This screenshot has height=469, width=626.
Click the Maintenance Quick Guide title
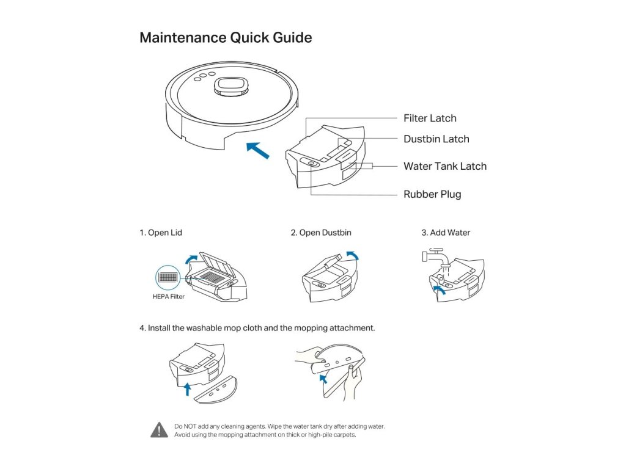pos(226,38)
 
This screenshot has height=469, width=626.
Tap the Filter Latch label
pos(430,118)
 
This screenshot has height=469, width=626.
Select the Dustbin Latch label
pos(436,139)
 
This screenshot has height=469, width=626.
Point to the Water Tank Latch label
pos(445,166)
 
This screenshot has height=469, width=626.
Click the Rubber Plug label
pos(432,195)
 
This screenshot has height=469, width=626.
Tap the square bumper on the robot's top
pos(231,86)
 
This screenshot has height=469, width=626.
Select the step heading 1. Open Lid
pos(161,233)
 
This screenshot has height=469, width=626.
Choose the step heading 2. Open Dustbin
pos(321,233)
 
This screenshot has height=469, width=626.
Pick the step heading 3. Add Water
pos(446,233)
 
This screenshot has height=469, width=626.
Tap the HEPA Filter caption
pos(168,297)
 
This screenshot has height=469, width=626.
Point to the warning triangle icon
pos(159,430)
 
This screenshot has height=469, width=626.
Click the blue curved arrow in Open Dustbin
pos(352,255)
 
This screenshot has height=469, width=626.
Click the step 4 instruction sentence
pos(257,328)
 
